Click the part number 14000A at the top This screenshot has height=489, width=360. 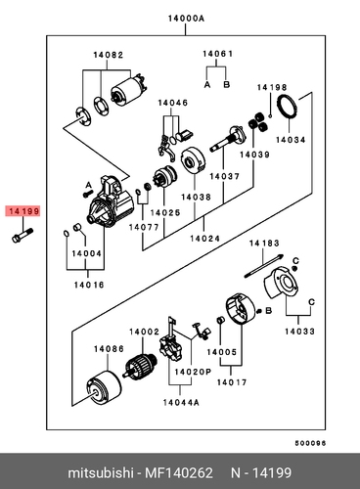(x=186, y=18)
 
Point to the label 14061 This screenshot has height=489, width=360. (x=218, y=53)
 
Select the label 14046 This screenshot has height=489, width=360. (x=172, y=103)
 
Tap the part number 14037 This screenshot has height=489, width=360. (x=224, y=177)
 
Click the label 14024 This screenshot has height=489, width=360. (x=203, y=239)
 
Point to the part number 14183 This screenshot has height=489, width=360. (x=263, y=243)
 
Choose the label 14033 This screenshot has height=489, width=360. (x=299, y=333)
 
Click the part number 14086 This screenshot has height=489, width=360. (x=108, y=348)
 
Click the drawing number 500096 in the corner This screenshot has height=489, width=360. (x=331, y=441)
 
